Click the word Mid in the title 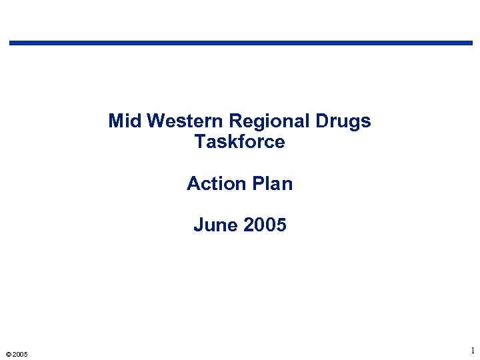click(x=125, y=121)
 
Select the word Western click(x=185, y=121)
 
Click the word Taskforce click(x=240, y=142)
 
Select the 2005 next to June click(x=265, y=225)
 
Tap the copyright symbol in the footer click(x=7, y=354)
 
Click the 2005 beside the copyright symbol click(x=20, y=354)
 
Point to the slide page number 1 click(x=472, y=351)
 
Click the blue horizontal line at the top click(x=240, y=43)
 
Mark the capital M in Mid click(x=115, y=121)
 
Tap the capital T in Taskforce click(x=200, y=142)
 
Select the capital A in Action click(x=193, y=183)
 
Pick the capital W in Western click(x=155, y=121)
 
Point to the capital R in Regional click(x=235, y=121)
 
